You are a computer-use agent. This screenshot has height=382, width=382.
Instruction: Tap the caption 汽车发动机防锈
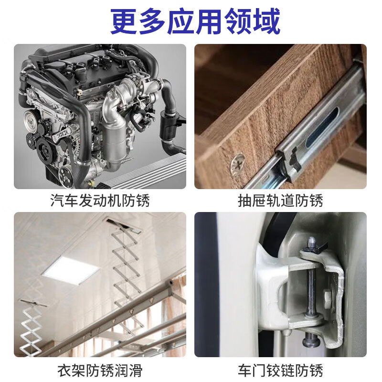coord(100,201)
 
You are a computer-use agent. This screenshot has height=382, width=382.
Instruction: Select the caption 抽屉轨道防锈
coord(280,201)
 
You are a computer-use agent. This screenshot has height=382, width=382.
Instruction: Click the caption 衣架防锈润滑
coord(100,370)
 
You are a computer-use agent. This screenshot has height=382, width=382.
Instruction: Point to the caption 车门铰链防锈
coord(280,370)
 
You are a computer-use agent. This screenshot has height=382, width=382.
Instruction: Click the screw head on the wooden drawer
coord(236,164)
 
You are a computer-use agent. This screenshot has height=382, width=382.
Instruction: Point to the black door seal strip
coord(206,286)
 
